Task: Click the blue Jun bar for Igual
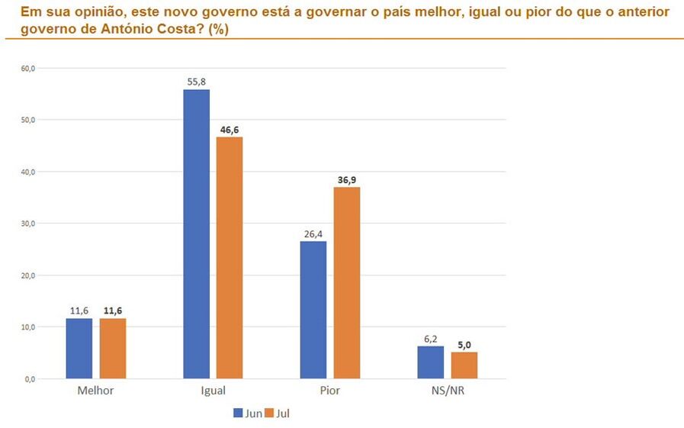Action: (x=196, y=233)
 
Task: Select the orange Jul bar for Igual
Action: (x=230, y=257)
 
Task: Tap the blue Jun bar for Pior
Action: (x=313, y=310)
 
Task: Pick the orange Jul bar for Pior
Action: (x=346, y=282)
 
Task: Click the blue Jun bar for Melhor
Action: (x=79, y=348)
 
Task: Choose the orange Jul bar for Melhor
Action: (x=113, y=348)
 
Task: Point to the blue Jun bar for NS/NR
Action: (x=430, y=362)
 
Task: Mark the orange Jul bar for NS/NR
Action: (x=464, y=365)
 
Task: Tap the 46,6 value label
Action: (x=230, y=130)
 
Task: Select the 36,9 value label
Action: (x=346, y=180)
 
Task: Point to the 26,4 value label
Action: (x=313, y=234)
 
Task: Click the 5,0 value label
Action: (x=464, y=345)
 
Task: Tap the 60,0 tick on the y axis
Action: (x=28, y=69)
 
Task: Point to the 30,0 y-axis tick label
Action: (x=28, y=224)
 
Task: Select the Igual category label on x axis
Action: (x=213, y=391)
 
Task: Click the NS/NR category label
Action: (x=447, y=391)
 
